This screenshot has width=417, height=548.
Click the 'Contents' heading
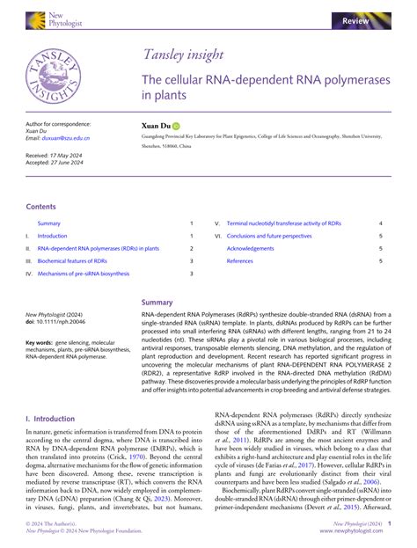pyautogui.click(x=40, y=207)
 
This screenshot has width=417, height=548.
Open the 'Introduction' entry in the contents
pyautogui.click(x=52, y=236)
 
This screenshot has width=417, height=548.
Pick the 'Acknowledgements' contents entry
pyautogui.click(x=251, y=249)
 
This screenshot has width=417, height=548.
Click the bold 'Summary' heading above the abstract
pyautogui.click(x=157, y=302)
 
